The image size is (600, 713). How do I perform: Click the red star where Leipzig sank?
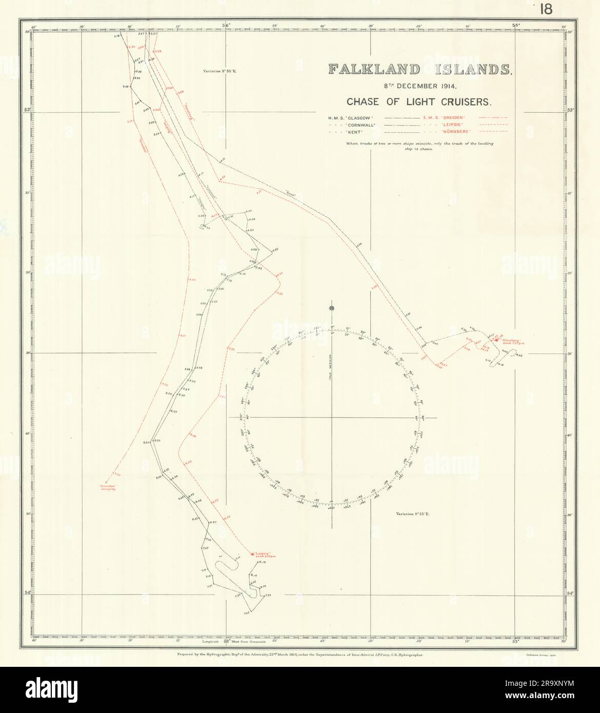point(251,554)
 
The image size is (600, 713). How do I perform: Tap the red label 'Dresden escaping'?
point(108,487)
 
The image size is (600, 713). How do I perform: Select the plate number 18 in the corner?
point(546,10)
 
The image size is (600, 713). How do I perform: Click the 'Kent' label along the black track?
point(291,193)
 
